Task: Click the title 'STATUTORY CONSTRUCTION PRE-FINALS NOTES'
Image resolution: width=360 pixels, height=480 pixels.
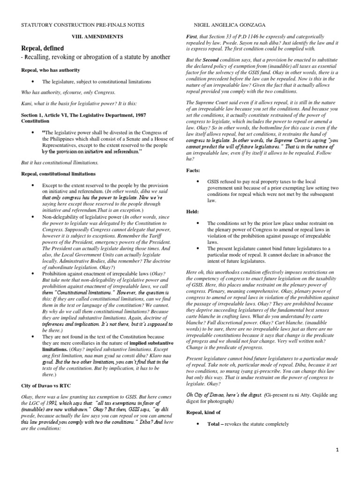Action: [82, 24]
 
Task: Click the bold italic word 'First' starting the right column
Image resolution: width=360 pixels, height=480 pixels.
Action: [193, 37]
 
